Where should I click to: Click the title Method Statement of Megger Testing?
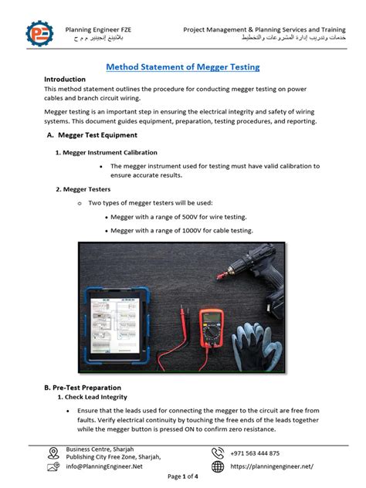click(182, 67)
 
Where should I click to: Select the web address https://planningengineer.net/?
click(271, 466)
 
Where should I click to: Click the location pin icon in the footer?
click(53, 453)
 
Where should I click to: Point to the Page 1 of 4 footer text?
click(182, 476)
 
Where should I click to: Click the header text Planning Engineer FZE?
click(98, 29)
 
